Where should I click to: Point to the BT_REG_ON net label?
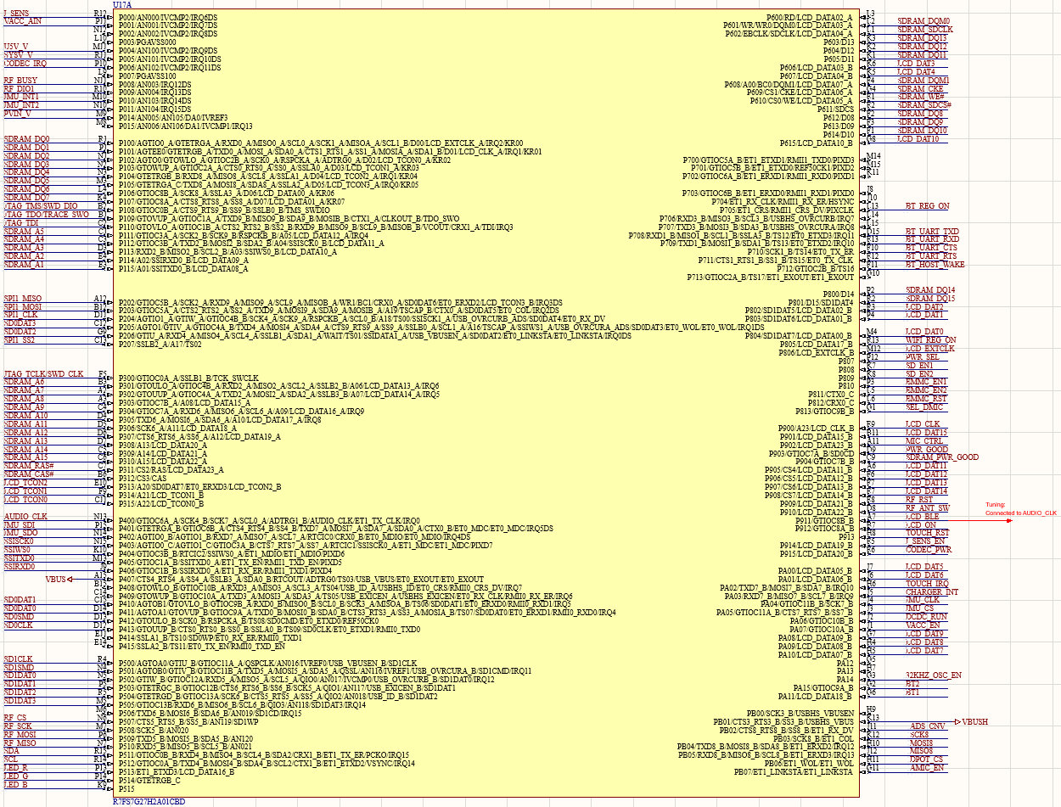click(x=927, y=206)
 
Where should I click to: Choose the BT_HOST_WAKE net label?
click(x=935, y=265)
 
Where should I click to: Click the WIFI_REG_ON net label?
click(x=930, y=339)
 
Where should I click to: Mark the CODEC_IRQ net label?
click(x=25, y=63)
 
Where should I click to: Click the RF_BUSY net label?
click(x=20, y=80)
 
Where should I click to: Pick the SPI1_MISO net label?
click(x=23, y=299)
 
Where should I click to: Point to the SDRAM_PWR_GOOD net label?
click(x=941, y=457)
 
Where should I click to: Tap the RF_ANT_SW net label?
click(x=927, y=508)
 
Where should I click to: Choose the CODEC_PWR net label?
click(x=928, y=549)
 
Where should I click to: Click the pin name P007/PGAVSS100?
click(x=148, y=76)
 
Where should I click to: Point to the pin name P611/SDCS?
click(x=835, y=109)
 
